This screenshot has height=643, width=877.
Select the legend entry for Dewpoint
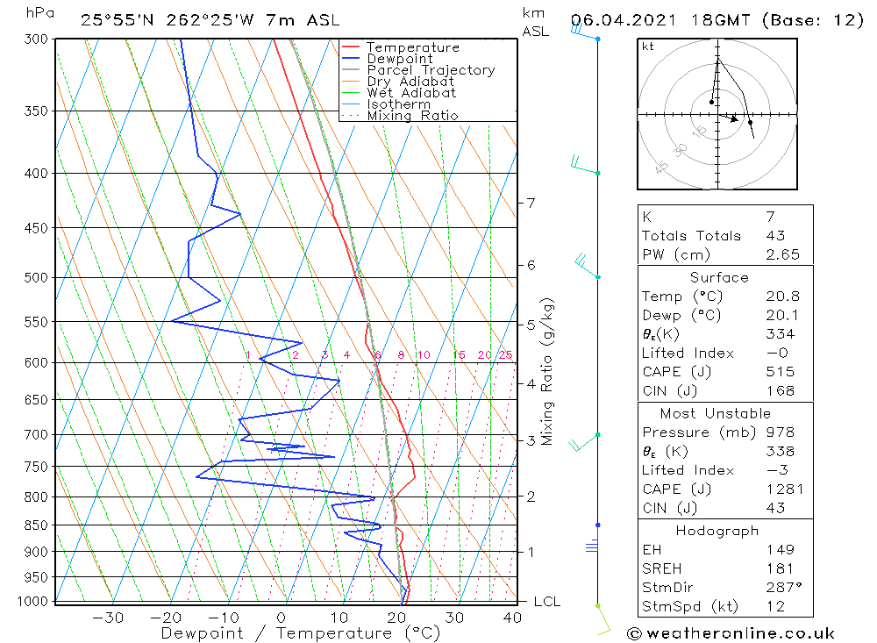point(399,59)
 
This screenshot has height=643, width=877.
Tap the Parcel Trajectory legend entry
point(430,70)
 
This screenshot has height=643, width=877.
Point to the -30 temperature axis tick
point(108,618)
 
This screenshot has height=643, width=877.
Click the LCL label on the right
point(546,602)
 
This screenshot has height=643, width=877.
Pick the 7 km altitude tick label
point(531,203)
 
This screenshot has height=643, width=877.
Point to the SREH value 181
point(779,568)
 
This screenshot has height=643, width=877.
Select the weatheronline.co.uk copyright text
point(731,633)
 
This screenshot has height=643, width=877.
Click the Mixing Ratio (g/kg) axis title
point(548,371)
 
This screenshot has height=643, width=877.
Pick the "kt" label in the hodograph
point(647,46)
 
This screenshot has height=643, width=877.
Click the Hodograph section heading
point(717,531)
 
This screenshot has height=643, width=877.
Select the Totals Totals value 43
point(775,235)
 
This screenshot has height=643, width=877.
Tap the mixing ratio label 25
point(505,355)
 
